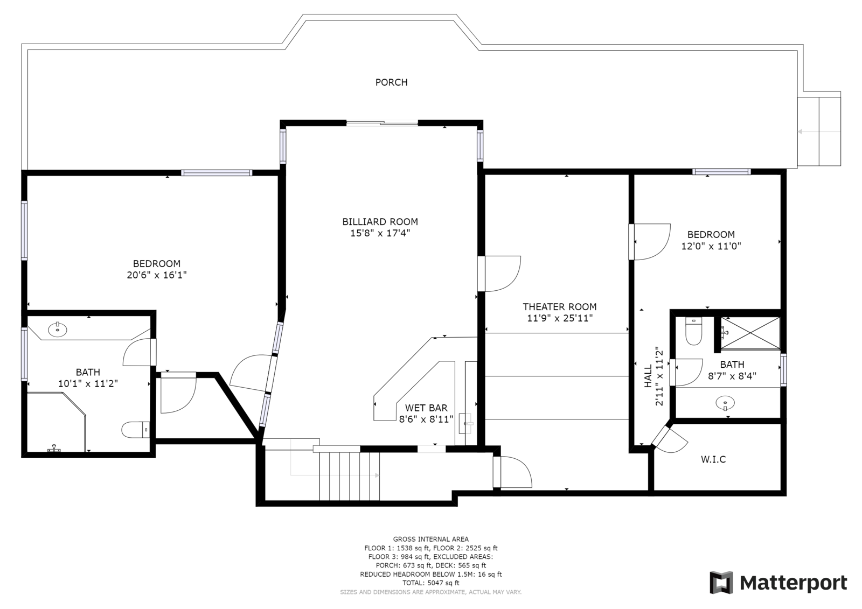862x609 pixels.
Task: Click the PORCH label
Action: pos(391,82)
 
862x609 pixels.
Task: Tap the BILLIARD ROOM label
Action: pos(380,222)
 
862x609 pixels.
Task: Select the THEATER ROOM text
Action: pos(560,306)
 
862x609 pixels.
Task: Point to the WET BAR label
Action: pos(426,408)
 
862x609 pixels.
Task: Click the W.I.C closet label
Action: pos(713,459)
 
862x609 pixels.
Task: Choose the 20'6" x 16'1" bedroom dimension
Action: pos(157,275)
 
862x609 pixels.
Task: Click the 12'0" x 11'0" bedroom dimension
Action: pos(711,246)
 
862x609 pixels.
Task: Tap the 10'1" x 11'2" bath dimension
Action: pos(88,383)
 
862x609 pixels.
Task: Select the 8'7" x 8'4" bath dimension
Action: pos(732,376)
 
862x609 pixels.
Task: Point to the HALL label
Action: pos(649,376)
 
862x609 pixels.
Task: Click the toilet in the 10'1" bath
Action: pos(135,430)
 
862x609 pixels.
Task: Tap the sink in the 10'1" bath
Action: pos(57,330)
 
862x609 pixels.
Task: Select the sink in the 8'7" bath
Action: pos(725,403)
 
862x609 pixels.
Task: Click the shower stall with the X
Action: pos(750,333)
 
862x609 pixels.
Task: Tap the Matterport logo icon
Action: pos(721,583)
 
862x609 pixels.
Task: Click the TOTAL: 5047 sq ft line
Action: pos(430,583)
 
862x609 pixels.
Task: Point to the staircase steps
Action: pos(350,477)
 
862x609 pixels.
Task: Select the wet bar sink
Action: pos(467,424)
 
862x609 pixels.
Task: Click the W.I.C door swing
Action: pos(670,440)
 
